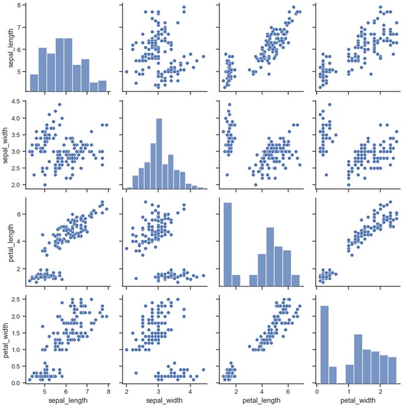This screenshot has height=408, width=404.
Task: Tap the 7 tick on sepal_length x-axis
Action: pos(87,390)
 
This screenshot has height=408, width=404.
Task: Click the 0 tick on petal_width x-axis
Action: pos(317,390)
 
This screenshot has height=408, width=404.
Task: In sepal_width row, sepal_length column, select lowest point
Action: pos(44,184)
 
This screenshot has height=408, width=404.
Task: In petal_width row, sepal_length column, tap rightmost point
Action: pos(106,316)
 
